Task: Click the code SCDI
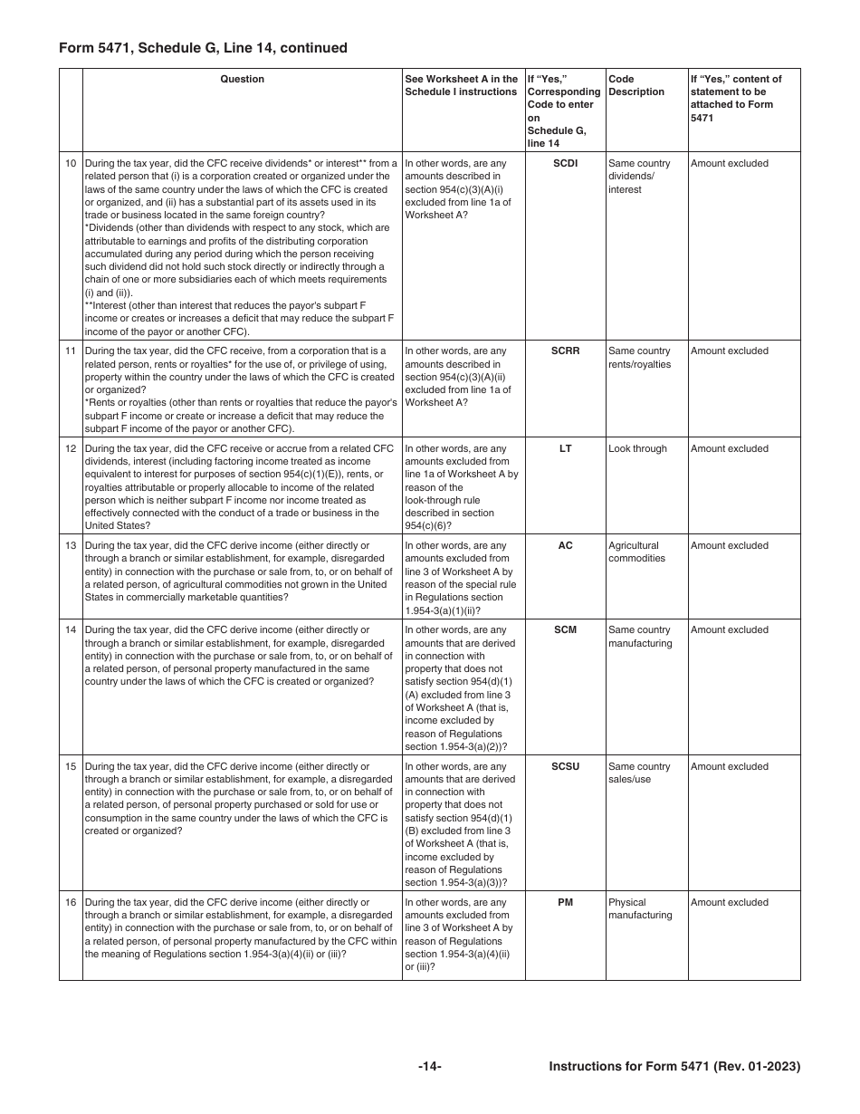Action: click(565, 164)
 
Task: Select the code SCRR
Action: click(565, 351)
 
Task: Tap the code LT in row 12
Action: click(565, 449)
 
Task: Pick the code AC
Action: click(565, 546)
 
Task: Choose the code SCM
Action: click(565, 630)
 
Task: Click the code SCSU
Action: click(565, 767)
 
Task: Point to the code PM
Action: click(565, 903)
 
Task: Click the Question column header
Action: click(243, 80)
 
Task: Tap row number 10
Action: click(71, 164)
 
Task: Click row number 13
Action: click(71, 546)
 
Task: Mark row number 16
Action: click(71, 903)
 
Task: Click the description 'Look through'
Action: click(637, 449)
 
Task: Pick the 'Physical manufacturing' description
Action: click(640, 909)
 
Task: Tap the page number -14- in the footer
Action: click(430, 1067)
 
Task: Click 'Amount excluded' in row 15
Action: click(729, 767)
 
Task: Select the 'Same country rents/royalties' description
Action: click(640, 358)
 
